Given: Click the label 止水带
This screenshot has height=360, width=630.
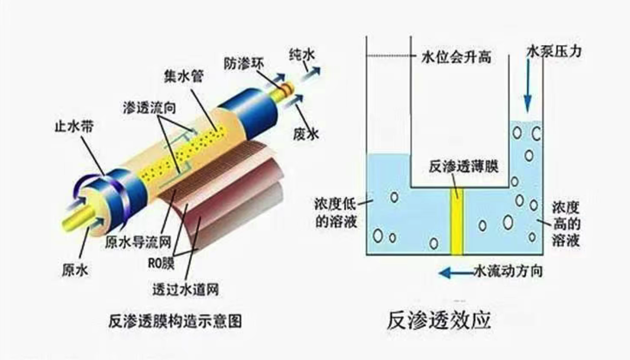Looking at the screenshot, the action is (x=74, y=126).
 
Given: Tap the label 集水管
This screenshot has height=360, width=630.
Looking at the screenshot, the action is (x=184, y=76).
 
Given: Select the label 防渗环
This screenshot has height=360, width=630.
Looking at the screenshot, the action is (x=244, y=63).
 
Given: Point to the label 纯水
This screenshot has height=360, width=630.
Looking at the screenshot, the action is (x=302, y=55).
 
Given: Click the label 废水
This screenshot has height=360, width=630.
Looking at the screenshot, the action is (x=305, y=133).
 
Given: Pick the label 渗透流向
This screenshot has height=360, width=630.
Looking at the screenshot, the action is (x=149, y=107).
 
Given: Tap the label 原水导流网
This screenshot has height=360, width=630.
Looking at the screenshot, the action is (x=138, y=242).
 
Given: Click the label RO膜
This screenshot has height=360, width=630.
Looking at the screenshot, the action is (x=161, y=263).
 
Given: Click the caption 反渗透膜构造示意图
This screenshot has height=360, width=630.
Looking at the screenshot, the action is (x=175, y=321).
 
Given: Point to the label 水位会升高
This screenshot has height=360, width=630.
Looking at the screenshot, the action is (x=456, y=57).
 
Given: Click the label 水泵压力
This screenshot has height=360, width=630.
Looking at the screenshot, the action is (x=554, y=51).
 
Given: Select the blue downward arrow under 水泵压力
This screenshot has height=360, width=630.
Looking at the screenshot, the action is (x=527, y=86).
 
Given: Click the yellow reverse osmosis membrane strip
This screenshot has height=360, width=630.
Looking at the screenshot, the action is (x=457, y=221).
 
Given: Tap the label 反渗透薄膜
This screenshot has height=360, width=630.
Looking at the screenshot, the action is (x=464, y=166).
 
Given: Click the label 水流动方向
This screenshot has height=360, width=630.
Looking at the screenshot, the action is (x=509, y=271).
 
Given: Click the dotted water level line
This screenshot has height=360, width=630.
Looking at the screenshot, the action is (x=389, y=56).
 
